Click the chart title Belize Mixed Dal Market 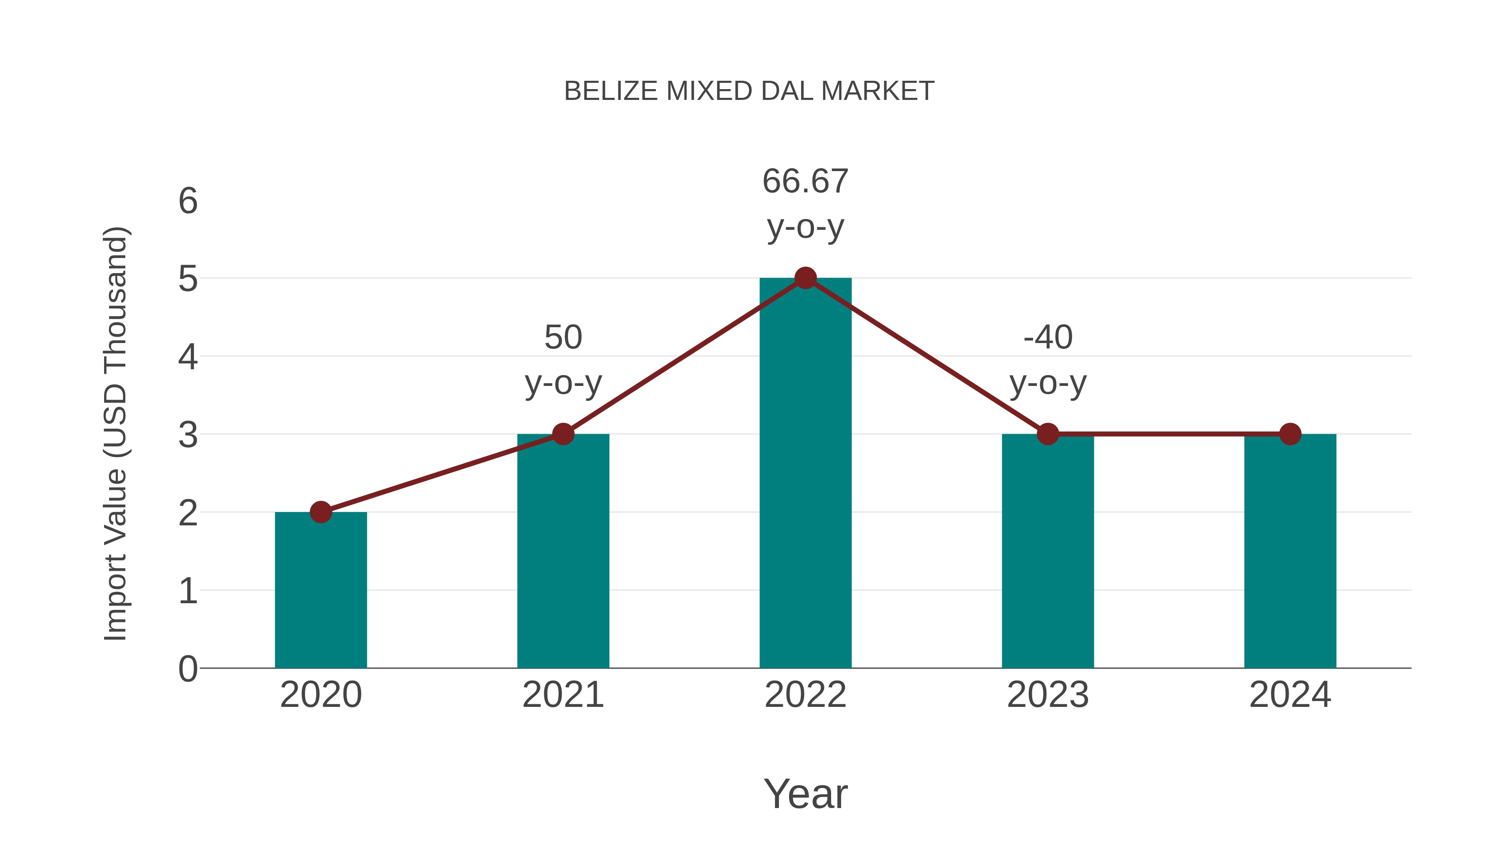coord(749,91)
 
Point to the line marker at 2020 coord(321,512)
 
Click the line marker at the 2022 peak coord(805,278)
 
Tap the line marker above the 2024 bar coord(1290,434)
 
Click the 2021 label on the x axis coord(563,695)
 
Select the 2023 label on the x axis coord(1048,695)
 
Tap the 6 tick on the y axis coord(188,201)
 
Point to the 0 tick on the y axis coord(188,669)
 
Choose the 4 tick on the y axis coord(188,357)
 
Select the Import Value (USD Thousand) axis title coord(115,434)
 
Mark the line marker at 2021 coord(563,434)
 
